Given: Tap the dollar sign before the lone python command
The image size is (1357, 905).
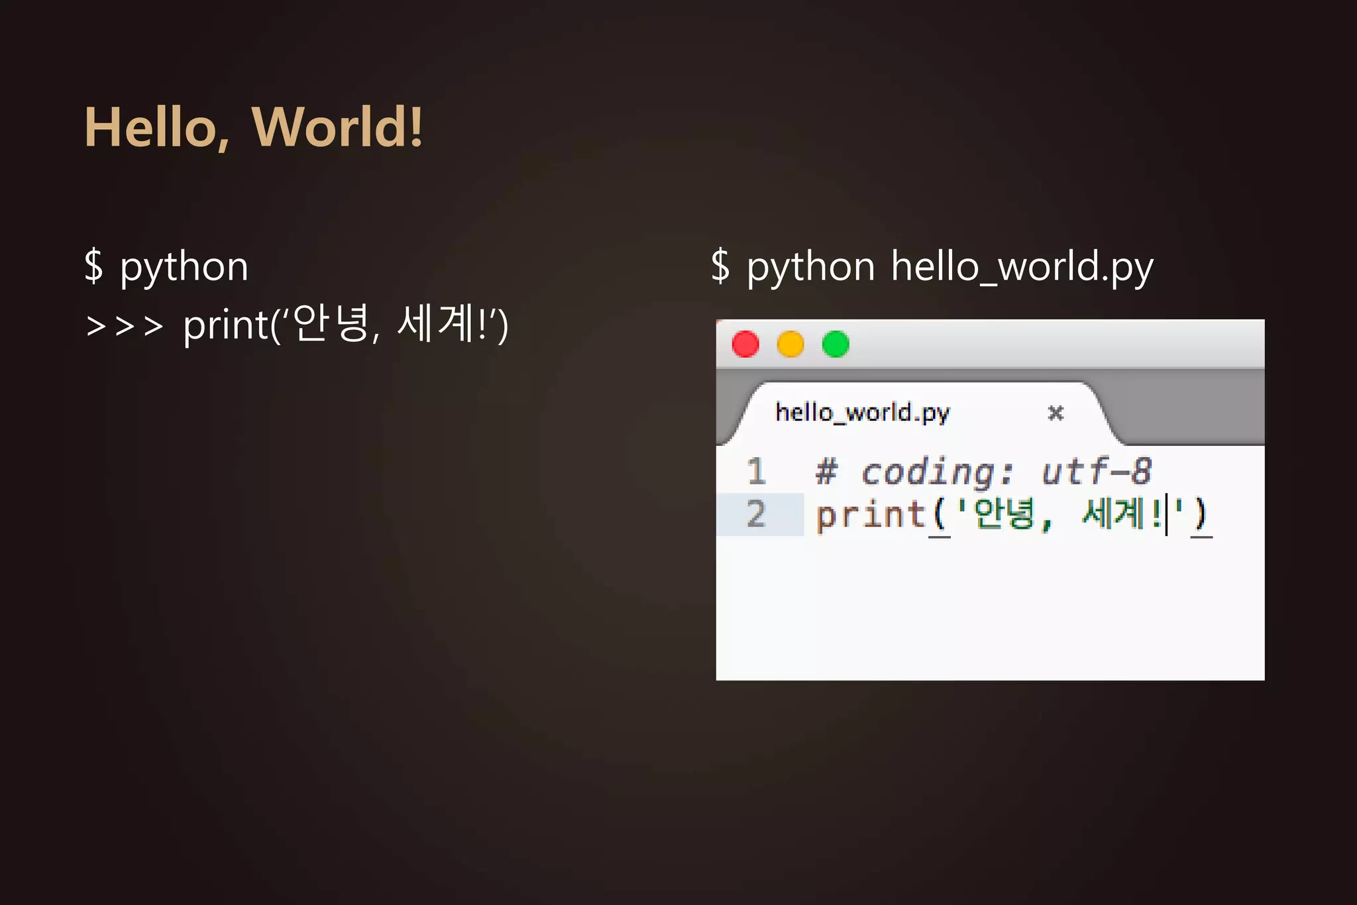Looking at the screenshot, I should coord(94,266).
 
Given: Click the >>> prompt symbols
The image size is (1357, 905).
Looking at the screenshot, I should coord(125,326).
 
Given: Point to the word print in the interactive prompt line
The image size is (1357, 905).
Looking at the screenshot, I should coord(225,326).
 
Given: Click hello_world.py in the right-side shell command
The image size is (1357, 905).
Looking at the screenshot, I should coord(1022,267).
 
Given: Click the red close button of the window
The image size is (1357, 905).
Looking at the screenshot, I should coord(745,345).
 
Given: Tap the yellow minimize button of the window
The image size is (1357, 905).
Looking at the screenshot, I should coord(790,345).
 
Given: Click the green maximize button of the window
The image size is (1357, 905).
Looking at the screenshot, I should coord(836,345).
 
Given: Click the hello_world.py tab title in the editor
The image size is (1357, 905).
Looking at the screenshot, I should coord(862,413).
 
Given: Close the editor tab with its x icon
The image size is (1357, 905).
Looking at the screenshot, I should coord(1056,413).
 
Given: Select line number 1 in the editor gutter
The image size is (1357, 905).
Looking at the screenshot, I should coord(756,472).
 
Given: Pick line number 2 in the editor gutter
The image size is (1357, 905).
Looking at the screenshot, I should coord(756,514).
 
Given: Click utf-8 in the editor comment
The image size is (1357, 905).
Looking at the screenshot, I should coord(1097,472).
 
